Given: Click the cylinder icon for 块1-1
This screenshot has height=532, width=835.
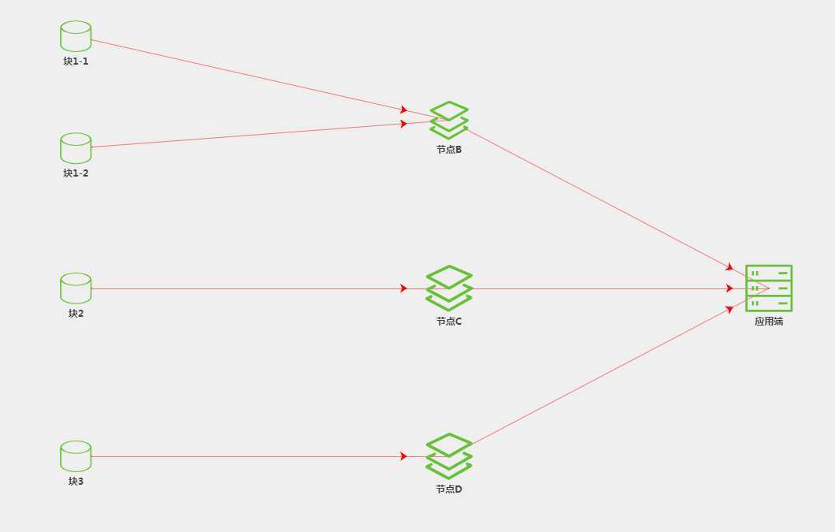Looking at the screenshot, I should point(76,36).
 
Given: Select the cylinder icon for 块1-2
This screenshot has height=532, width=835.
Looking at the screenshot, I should point(76,148).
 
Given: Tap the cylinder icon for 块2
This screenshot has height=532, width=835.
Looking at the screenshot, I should point(76,288).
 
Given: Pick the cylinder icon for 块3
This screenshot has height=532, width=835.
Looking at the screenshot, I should point(76,456).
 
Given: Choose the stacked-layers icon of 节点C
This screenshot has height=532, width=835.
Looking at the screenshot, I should point(449,288).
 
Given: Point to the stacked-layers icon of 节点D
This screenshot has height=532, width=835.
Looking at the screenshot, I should point(449,456).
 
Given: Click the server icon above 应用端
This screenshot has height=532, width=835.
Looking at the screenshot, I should point(769,288).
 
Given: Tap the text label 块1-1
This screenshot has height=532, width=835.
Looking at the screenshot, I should point(76,61).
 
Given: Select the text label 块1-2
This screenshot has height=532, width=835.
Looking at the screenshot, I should point(76,173).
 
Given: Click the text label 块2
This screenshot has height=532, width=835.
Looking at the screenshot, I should point(76,314).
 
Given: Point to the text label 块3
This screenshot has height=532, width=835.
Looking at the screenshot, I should point(76,482).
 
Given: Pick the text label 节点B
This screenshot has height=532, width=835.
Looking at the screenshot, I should point(449,150).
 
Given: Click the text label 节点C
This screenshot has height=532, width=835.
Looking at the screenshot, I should point(449,322).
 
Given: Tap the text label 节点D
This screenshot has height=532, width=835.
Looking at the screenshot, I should point(449,489).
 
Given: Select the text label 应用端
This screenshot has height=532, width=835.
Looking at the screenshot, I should point(769,322).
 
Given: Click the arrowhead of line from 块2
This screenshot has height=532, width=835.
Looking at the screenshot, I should point(403,288).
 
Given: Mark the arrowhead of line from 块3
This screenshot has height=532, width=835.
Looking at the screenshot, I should point(403,456).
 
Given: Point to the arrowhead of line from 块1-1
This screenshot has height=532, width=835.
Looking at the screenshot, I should point(403,110).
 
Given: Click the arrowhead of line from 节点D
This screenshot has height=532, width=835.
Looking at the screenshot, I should point(729,309).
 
